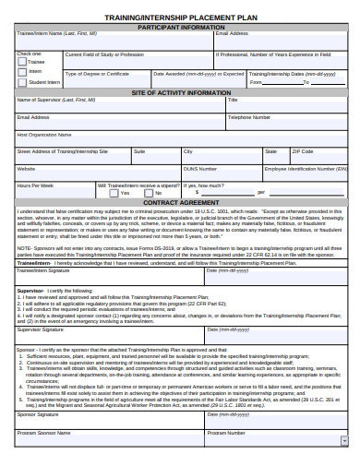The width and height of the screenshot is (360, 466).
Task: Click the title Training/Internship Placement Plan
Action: pyautogui.click(x=181, y=18)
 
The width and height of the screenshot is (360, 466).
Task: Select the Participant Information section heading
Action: pyautogui.click(x=181, y=27)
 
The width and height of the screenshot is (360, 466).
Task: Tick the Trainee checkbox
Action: pyautogui.click(x=24, y=62)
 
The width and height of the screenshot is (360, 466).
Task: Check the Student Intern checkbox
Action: pyautogui.click(x=24, y=82)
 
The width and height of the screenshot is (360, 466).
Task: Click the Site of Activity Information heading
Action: pyautogui.click(x=181, y=93)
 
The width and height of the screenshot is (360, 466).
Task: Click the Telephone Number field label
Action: pyautogui.click(x=249, y=117)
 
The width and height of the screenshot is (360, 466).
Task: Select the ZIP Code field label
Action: pyautogui.click(x=302, y=151)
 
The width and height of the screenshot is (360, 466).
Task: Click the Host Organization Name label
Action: pyautogui.click(x=45, y=135)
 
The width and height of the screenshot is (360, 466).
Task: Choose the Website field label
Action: pyautogui.click(x=27, y=169)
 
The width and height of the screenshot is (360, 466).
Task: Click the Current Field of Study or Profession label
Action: pyautogui.click(x=104, y=54)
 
